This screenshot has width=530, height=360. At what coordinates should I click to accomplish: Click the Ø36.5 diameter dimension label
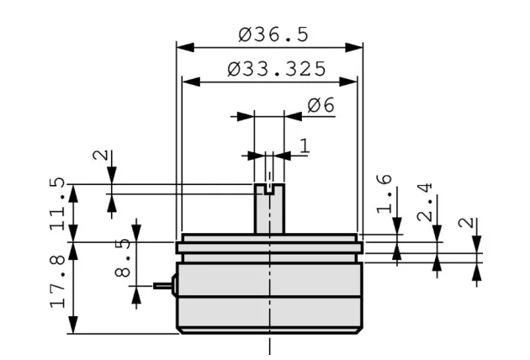273,34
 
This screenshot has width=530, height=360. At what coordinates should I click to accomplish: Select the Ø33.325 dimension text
277,69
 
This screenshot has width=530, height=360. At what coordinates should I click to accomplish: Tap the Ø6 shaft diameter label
321,105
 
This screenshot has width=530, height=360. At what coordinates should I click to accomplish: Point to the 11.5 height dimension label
57,204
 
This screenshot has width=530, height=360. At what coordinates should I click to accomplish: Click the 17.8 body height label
57,282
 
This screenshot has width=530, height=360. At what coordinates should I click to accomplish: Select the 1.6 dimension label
384,194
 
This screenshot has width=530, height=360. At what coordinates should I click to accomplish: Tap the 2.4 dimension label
425,202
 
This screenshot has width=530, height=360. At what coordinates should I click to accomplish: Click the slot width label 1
305,146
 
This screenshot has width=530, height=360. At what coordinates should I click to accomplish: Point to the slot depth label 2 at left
100,155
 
